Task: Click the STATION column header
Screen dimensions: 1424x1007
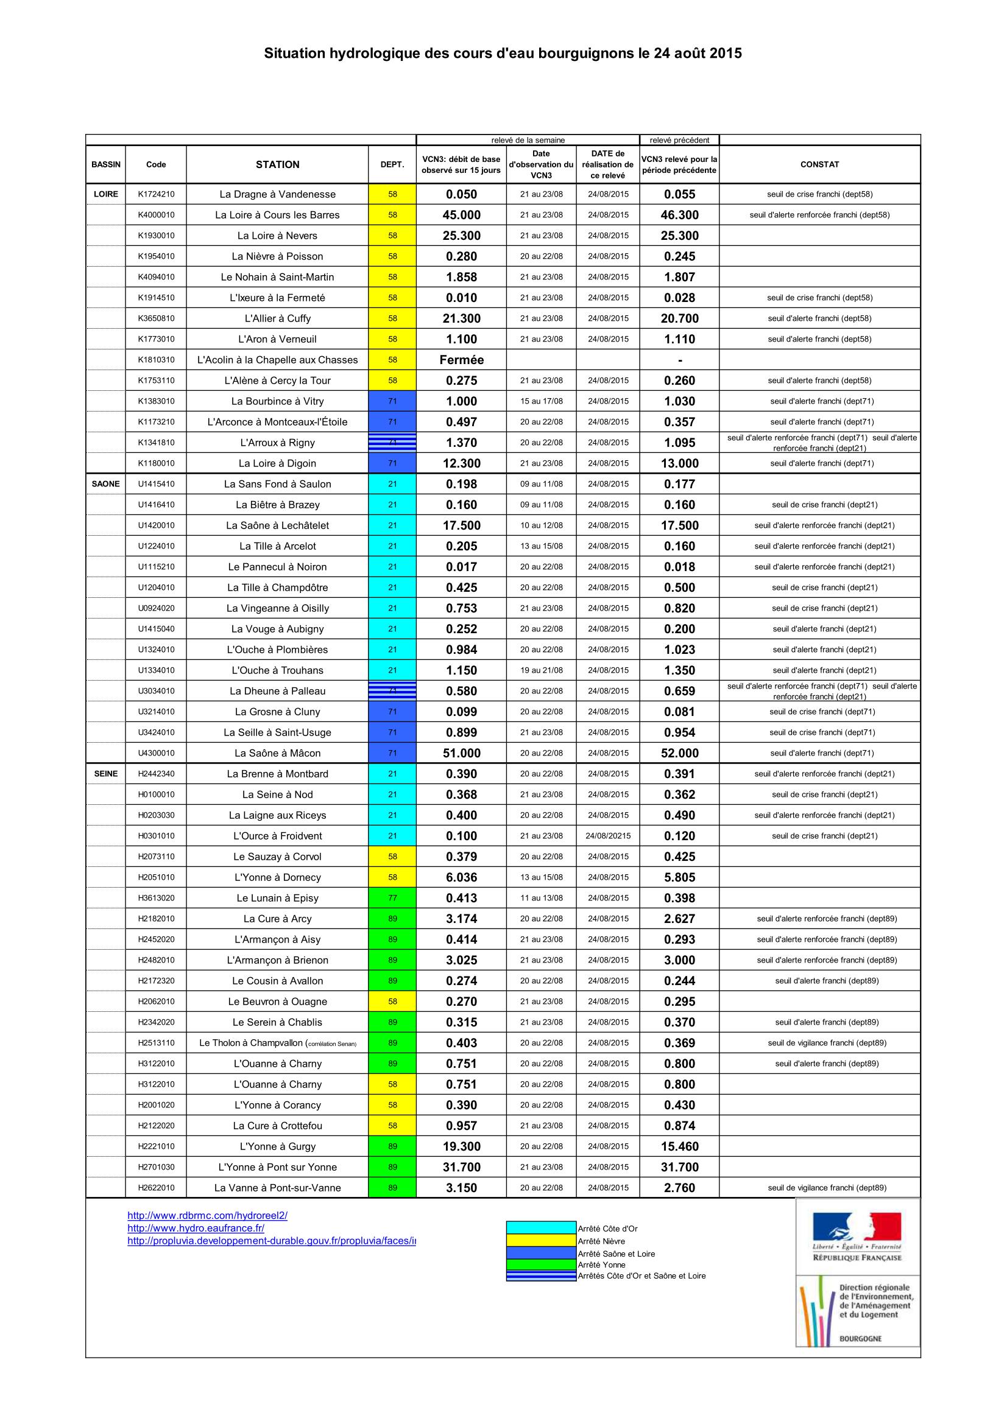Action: click(277, 164)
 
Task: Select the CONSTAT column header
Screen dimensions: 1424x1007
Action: click(819, 164)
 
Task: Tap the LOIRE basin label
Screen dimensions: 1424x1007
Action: click(105, 194)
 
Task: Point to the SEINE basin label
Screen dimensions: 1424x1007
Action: click(105, 773)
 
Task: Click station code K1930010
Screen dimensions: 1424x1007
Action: click(156, 236)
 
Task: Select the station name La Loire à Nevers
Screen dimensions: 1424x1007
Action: click(277, 236)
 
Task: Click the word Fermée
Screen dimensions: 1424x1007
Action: click(461, 360)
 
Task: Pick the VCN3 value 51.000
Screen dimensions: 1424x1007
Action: click(461, 753)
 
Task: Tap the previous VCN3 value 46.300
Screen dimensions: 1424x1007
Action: click(679, 215)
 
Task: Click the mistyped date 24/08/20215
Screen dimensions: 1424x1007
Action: click(607, 835)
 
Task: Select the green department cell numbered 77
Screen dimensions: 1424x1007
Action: click(392, 897)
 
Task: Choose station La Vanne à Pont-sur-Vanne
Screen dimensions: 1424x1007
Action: click(277, 1187)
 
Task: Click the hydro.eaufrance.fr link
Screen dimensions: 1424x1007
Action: click(196, 1227)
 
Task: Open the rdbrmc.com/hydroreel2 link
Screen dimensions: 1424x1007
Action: click(207, 1215)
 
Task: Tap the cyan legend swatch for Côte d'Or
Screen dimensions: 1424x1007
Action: click(540, 1227)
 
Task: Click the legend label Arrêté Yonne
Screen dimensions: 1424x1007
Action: click(601, 1264)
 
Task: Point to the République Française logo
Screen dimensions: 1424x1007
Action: click(857, 1238)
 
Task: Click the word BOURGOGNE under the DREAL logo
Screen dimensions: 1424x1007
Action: click(860, 1338)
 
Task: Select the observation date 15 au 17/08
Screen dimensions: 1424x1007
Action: click(541, 401)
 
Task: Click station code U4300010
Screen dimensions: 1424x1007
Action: click(156, 753)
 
